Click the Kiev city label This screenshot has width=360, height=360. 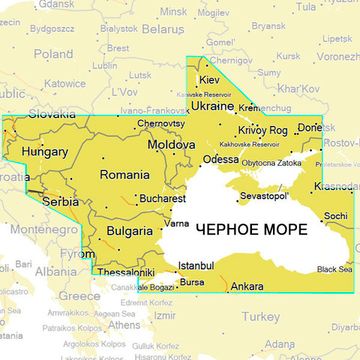click(210, 79)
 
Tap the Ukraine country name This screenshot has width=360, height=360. click(212, 105)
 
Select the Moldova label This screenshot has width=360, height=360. click(171, 145)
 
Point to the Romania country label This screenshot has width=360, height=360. click(124, 175)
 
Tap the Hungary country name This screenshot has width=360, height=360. click(44, 153)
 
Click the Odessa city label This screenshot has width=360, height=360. click(220, 159)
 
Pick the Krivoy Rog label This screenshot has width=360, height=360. click(263, 130)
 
